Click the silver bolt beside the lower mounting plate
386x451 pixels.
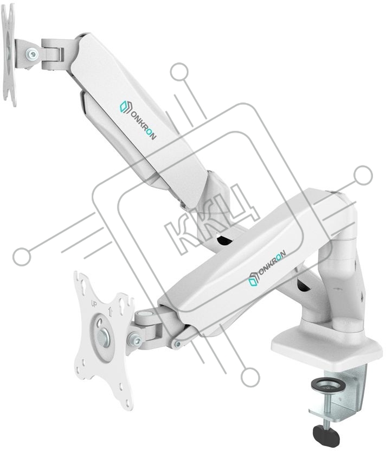point(136,340)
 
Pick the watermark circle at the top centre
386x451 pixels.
point(179,72)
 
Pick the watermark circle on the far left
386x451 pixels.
point(22,256)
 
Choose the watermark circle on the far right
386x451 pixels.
point(363,175)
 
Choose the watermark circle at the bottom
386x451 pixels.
point(250,376)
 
